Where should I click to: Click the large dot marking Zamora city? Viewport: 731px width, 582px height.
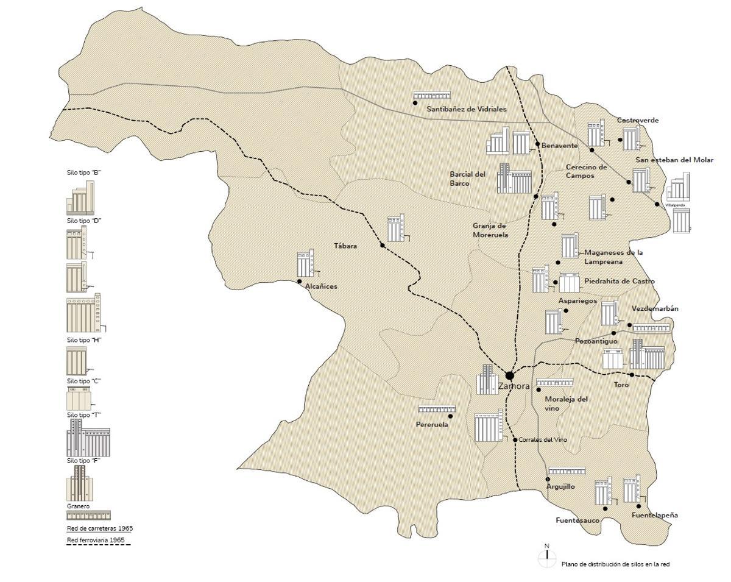(509, 375)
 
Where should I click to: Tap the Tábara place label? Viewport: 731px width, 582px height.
(345, 246)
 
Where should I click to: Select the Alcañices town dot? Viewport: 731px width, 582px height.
(299, 282)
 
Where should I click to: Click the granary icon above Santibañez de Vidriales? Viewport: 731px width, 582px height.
(432, 96)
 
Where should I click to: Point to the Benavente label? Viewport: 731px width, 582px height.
(559, 146)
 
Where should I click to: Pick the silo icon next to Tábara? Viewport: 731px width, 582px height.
(397, 228)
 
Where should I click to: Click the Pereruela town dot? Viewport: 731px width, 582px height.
(450, 416)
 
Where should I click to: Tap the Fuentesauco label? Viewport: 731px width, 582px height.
(577, 521)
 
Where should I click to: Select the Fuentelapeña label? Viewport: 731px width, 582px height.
(654, 516)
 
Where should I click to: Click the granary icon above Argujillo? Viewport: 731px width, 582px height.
(567, 471)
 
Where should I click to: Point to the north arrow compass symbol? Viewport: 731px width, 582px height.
(547, 555)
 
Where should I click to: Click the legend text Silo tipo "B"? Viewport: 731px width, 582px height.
(83, 172)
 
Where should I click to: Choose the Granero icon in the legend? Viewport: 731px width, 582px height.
(88, 515)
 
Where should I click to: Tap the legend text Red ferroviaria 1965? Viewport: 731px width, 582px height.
(99, 541)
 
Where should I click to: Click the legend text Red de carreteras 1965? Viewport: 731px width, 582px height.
(99, 528)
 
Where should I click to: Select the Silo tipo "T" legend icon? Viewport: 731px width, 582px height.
(88, 438)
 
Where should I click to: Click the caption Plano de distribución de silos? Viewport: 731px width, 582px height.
(615, 564)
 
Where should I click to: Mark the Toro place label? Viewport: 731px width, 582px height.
(621, 385)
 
